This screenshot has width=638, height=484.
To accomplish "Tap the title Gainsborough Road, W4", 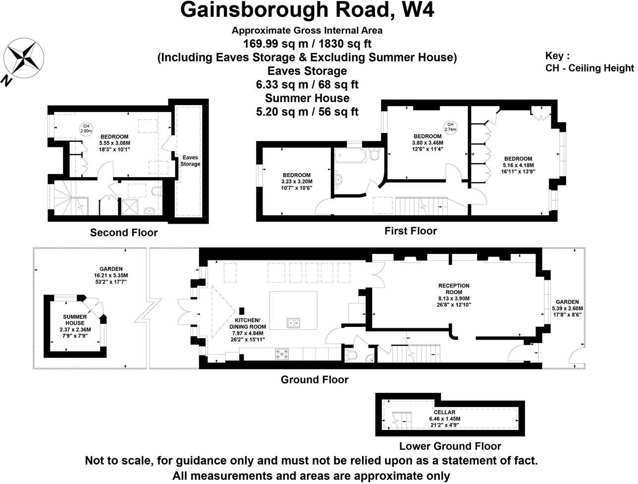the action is [307, 10].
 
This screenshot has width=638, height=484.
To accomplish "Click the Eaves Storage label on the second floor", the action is [190, 161].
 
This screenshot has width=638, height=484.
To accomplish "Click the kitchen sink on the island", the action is [293, 323].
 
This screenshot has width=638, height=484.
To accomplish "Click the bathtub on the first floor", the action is [350, 156].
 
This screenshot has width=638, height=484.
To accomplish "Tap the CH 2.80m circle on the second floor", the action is [86, 129].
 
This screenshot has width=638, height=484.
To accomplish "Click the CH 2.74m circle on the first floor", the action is [450, 126].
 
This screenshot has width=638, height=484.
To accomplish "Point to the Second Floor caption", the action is [124, 233].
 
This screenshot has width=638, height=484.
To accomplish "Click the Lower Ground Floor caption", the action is [450, 446].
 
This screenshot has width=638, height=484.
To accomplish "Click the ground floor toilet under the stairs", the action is [351, 355].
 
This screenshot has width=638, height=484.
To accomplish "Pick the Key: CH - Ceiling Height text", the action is [589, 62].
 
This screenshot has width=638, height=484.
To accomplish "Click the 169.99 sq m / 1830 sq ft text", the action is [307, 44].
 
